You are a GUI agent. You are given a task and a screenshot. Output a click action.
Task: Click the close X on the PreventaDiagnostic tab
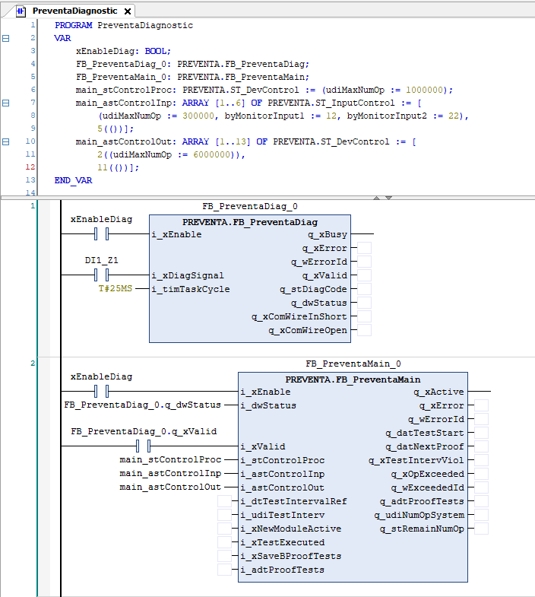[128, 11]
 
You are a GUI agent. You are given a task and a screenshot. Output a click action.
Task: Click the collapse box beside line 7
[6, 103]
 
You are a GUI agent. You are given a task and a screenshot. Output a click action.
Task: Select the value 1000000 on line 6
[424, 90]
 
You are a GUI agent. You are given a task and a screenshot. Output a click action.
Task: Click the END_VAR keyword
[73, 180]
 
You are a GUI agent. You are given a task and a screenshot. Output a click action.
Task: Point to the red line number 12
[30, 167]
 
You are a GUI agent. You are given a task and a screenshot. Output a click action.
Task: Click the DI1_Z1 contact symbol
[101, 275]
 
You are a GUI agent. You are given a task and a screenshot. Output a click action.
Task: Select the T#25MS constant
[115, 288]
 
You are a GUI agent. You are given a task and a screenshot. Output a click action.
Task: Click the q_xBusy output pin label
[328, 234]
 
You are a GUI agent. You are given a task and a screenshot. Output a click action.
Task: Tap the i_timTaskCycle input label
[191, 289]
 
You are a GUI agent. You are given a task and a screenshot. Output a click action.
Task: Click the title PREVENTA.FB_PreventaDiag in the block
[250, 222]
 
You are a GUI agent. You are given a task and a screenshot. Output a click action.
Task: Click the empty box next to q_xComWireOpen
[364, 330]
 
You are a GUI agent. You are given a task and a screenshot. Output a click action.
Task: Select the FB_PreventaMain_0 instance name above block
[353, 364]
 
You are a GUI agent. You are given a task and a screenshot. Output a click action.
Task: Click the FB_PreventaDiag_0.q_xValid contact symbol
[143, 446]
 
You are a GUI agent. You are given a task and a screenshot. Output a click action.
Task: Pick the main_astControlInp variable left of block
[170, 473]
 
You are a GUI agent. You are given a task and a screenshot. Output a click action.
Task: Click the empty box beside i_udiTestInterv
[224, 515]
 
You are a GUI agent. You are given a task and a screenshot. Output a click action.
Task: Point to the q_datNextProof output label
[425, 446]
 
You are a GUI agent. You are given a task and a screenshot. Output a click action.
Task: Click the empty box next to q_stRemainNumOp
[481, 529]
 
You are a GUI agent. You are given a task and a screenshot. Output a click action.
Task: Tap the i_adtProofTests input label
[283, 570]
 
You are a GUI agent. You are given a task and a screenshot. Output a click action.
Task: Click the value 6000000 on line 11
[212, 154]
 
